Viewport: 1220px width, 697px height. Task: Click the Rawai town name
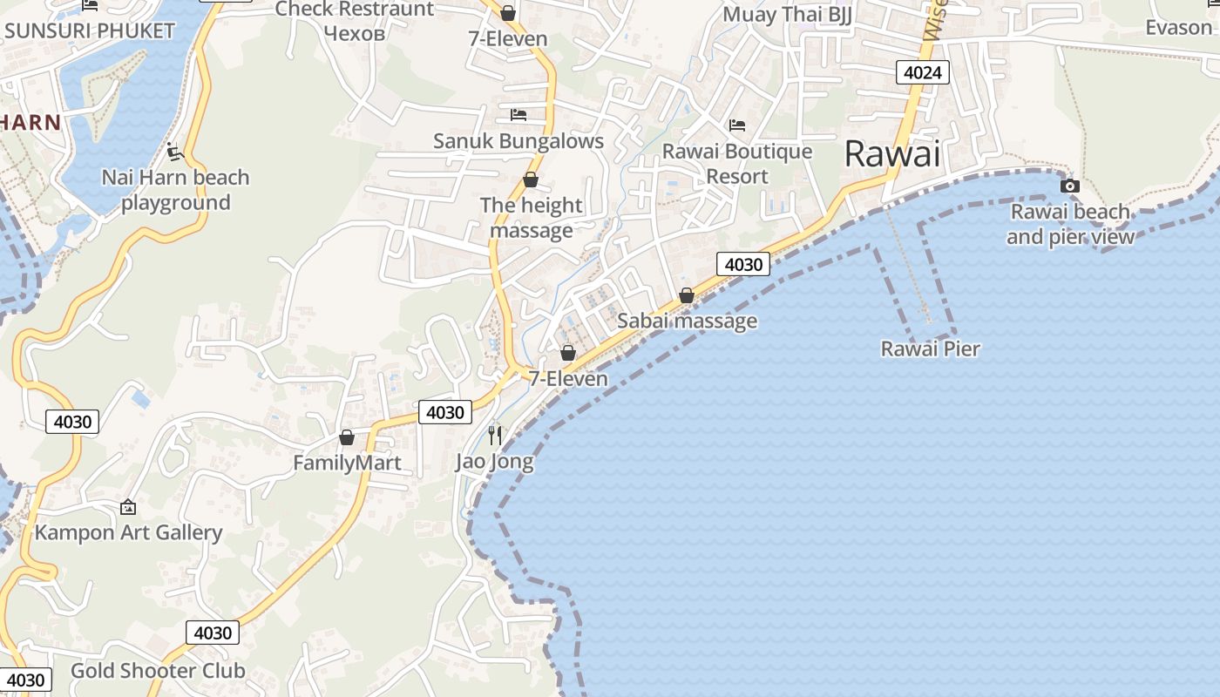coord(893,154)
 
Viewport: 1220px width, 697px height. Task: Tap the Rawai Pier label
coord(930,348)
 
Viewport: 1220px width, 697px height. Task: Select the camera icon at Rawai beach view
coord(1069,186)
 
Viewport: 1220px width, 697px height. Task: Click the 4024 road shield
coord(922,72)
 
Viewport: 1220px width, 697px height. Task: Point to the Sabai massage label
coord(687,321)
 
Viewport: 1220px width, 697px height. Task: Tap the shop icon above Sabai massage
coord(687,295)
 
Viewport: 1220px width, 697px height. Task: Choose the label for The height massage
coord(531,218)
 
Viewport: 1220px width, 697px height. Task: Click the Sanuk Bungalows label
coord(518,141)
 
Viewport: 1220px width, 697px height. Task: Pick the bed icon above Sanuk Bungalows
coord(518,115)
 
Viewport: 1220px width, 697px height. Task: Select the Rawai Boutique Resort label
coord(736,164)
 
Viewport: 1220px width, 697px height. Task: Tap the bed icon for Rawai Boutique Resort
coord(737,125)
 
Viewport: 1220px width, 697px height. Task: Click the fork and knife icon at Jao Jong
coord(495,435)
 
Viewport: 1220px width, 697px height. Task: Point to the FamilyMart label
coord(347,463)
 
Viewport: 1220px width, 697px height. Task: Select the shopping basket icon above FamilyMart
coord(347,437)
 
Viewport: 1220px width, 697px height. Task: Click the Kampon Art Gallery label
coord(128,532)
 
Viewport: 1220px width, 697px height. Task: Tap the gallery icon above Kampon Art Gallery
coord(128,507)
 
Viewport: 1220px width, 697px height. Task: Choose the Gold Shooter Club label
coord(158,671)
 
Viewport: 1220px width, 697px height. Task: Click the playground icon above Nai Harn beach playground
coord(174,152)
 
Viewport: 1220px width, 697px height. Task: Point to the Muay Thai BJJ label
coord(787,15)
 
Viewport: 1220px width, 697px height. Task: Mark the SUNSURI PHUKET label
coord(89,30)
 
